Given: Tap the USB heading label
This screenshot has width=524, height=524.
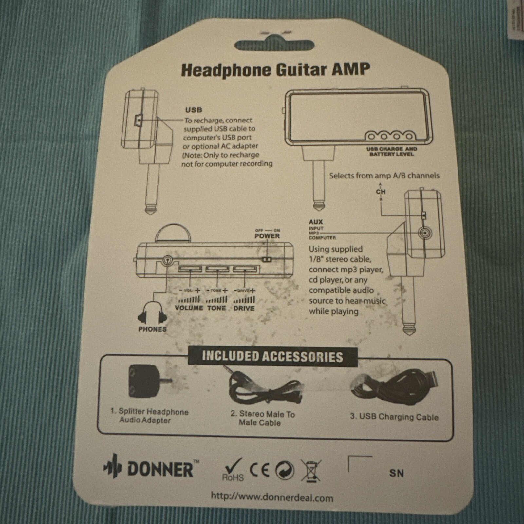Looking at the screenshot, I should click(194, 110).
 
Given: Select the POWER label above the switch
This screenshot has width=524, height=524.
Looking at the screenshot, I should click(267, 236).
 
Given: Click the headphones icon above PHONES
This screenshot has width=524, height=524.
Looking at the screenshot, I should click(152, 313).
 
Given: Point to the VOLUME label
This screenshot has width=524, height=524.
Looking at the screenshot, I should click(189, 308).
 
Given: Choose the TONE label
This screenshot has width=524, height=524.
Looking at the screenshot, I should click(216, 308).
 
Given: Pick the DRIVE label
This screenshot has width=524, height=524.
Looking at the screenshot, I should click(244, 308).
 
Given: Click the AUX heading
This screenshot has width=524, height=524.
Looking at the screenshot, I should click(316, 222).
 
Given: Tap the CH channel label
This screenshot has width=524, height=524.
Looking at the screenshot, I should click(381, 192).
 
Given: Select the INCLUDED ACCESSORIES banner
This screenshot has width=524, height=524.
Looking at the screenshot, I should click(272, 356).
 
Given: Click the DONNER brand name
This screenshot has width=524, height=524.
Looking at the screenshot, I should click(160, 469).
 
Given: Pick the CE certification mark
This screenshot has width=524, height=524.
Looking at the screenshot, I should click(260, 470).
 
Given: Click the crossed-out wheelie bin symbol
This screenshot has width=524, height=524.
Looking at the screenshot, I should click(311, 471).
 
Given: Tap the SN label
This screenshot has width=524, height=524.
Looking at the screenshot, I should click(396, 473).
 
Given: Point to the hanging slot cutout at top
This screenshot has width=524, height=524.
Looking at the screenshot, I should click(274, 45).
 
